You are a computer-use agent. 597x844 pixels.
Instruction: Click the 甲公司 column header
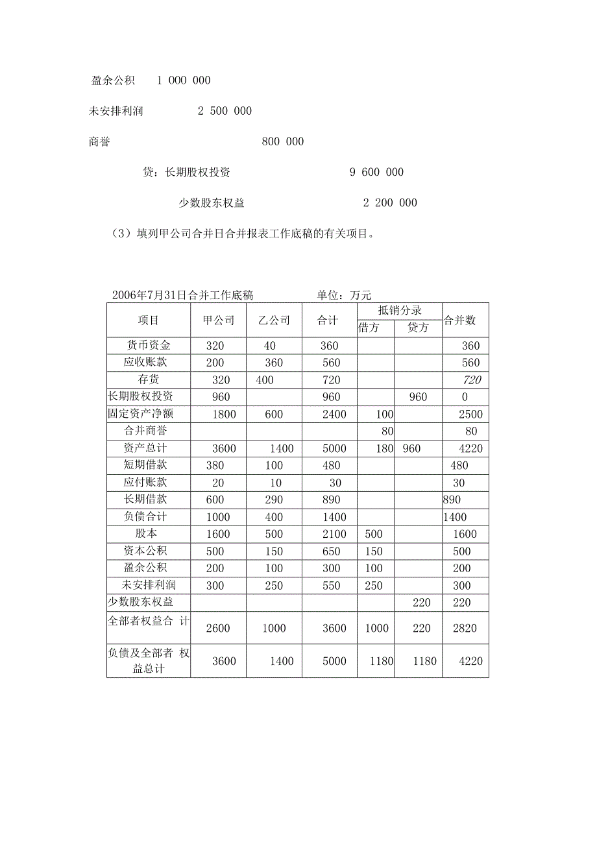[x=218, y=320]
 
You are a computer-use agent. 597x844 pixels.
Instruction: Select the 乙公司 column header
[x=274, y=320]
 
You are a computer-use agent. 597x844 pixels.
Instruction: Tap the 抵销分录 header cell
[x=399, y=311]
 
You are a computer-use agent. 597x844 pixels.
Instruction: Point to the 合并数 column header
[x=460, y=320]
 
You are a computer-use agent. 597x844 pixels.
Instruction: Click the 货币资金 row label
[x=148, y=346]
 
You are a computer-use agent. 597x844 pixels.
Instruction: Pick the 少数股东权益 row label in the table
[x=140, y=602]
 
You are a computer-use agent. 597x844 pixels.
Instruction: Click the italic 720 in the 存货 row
[x=472, y=380]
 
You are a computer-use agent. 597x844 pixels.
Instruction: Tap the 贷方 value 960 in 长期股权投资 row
[x=418, y=397]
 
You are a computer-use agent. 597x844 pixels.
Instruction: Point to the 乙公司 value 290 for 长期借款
[x=274, y=500]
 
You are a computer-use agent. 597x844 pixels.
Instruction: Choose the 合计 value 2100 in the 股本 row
[x=334, y=534]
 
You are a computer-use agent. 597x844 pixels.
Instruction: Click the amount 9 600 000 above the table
[x=376, y=172]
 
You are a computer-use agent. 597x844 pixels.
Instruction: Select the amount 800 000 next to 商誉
[x=282, y=141]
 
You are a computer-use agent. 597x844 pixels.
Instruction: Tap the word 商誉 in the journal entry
[x=99, y=141]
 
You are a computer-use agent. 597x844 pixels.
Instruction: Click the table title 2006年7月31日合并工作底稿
[x=182, y=295]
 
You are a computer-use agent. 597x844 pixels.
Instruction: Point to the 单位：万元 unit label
[x=344, y=295]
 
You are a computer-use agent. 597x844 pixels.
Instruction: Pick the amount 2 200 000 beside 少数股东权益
[x=390, y=202]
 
